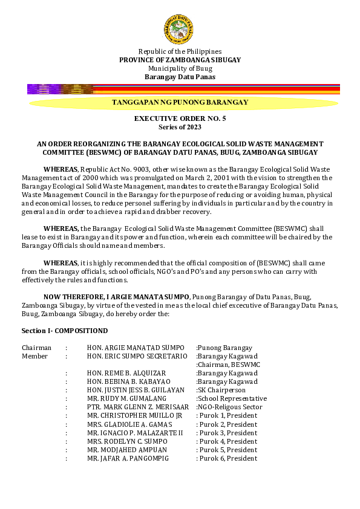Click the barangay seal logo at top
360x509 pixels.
179,30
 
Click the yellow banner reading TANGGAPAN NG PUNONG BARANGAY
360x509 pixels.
180,103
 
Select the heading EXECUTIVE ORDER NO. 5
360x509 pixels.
180,119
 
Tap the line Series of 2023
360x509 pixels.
180,127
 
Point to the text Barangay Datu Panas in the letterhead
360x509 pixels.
180,77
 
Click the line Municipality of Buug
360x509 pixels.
180,68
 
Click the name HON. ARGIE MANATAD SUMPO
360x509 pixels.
136,348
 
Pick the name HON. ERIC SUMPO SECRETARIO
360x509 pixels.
137,357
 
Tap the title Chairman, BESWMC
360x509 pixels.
228,365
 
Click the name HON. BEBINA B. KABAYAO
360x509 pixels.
129,382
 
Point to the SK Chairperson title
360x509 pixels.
221,391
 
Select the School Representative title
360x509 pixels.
231,399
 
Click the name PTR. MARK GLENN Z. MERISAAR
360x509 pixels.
138,407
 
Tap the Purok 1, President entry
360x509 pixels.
227,416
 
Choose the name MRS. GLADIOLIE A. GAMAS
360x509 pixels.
129,424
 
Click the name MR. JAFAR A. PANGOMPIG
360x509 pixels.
128,458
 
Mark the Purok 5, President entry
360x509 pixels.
227,450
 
